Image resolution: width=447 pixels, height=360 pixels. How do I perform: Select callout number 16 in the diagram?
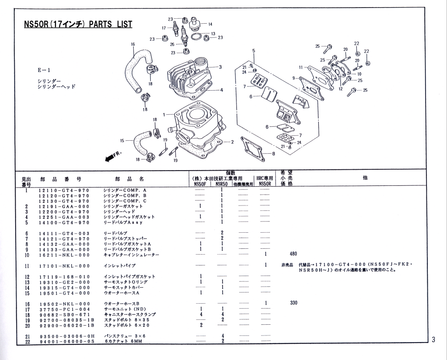[x=133, y=44]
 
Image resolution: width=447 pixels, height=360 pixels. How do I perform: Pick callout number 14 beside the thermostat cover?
[x=210, y=24]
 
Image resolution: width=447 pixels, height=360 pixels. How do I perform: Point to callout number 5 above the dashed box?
[x=253, y=50]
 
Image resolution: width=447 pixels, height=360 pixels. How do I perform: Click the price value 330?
[x=293, y=303]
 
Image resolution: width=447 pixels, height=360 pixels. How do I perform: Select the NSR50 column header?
[x=221, y=184]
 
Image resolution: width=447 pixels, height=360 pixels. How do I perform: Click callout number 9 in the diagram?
[x=294, y=78]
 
